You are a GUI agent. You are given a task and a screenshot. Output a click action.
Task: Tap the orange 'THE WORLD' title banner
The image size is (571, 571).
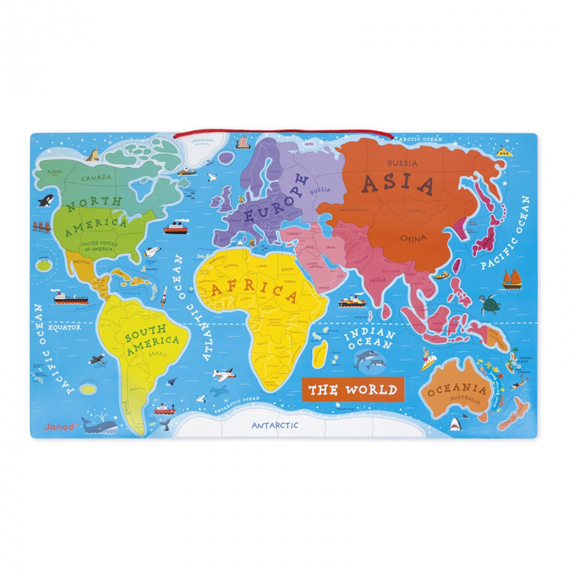[x=353, y=390]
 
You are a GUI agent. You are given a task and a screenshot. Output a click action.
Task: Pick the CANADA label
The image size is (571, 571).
[x=94, y=178]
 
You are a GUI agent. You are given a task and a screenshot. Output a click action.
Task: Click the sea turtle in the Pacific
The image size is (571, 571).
[x=490, y=305]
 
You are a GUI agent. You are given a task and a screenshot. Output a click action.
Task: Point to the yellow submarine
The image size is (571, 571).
[x=504, y=151]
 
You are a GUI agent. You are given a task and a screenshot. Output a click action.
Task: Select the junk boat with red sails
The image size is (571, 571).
[x=511, y=279]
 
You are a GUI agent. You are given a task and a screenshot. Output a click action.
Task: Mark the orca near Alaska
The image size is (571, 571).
[x=46, y=201]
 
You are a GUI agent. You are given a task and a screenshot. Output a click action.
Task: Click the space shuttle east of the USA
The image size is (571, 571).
[x=151, y=252]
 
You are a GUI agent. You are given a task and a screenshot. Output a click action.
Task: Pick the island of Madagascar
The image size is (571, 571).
[x=322, y=350]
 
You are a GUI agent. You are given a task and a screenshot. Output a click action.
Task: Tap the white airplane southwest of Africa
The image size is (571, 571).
[x=223, y=374]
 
